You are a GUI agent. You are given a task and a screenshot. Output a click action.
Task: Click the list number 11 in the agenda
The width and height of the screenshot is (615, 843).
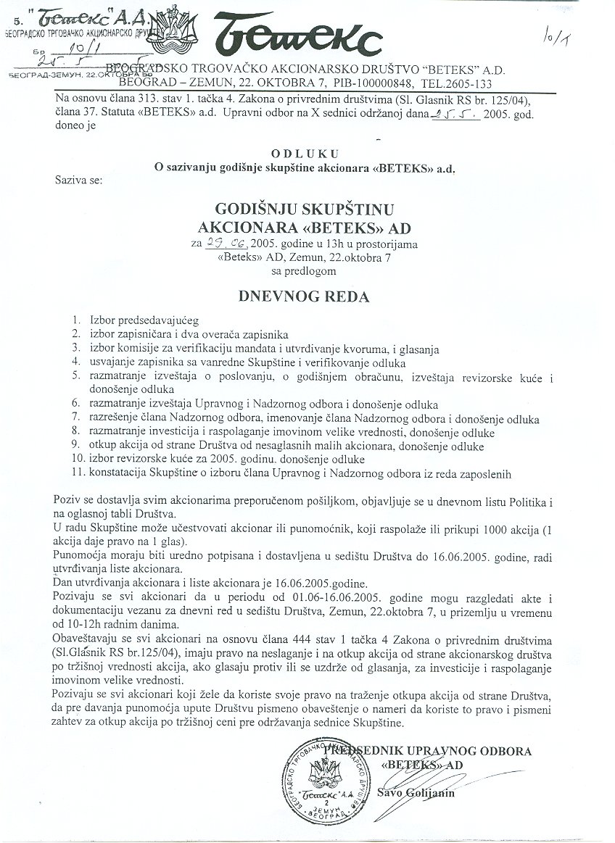tap(78, 474)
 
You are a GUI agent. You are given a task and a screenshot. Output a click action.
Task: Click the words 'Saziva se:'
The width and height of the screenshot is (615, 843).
tap(78, 178)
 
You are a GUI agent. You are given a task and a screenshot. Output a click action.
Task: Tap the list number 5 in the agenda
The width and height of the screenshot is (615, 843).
tap(78, 375)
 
